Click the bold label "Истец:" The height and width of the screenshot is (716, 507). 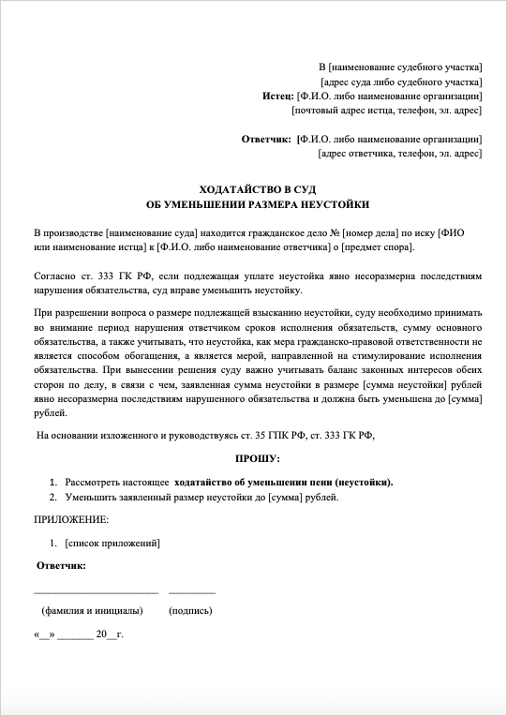coord(277,97)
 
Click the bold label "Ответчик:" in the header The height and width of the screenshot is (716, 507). coord(266,140)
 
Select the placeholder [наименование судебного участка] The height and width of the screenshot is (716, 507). coord(405,67)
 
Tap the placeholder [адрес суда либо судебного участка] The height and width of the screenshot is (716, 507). coord(401,82)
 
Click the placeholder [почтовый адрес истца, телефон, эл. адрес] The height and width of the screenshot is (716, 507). coord(387,111)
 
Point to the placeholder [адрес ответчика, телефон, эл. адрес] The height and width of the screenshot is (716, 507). coord(400,154)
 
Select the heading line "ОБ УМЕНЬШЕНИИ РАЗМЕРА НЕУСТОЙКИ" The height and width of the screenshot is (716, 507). coord(259,203)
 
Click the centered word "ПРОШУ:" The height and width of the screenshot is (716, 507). coord(258,457)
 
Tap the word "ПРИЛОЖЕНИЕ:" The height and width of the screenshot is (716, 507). coord(71,518)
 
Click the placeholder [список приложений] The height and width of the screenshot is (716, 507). coord(113,543)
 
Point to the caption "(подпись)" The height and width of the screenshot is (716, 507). coord(190,610)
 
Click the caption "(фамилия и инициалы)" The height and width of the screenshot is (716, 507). coord(93,610)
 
